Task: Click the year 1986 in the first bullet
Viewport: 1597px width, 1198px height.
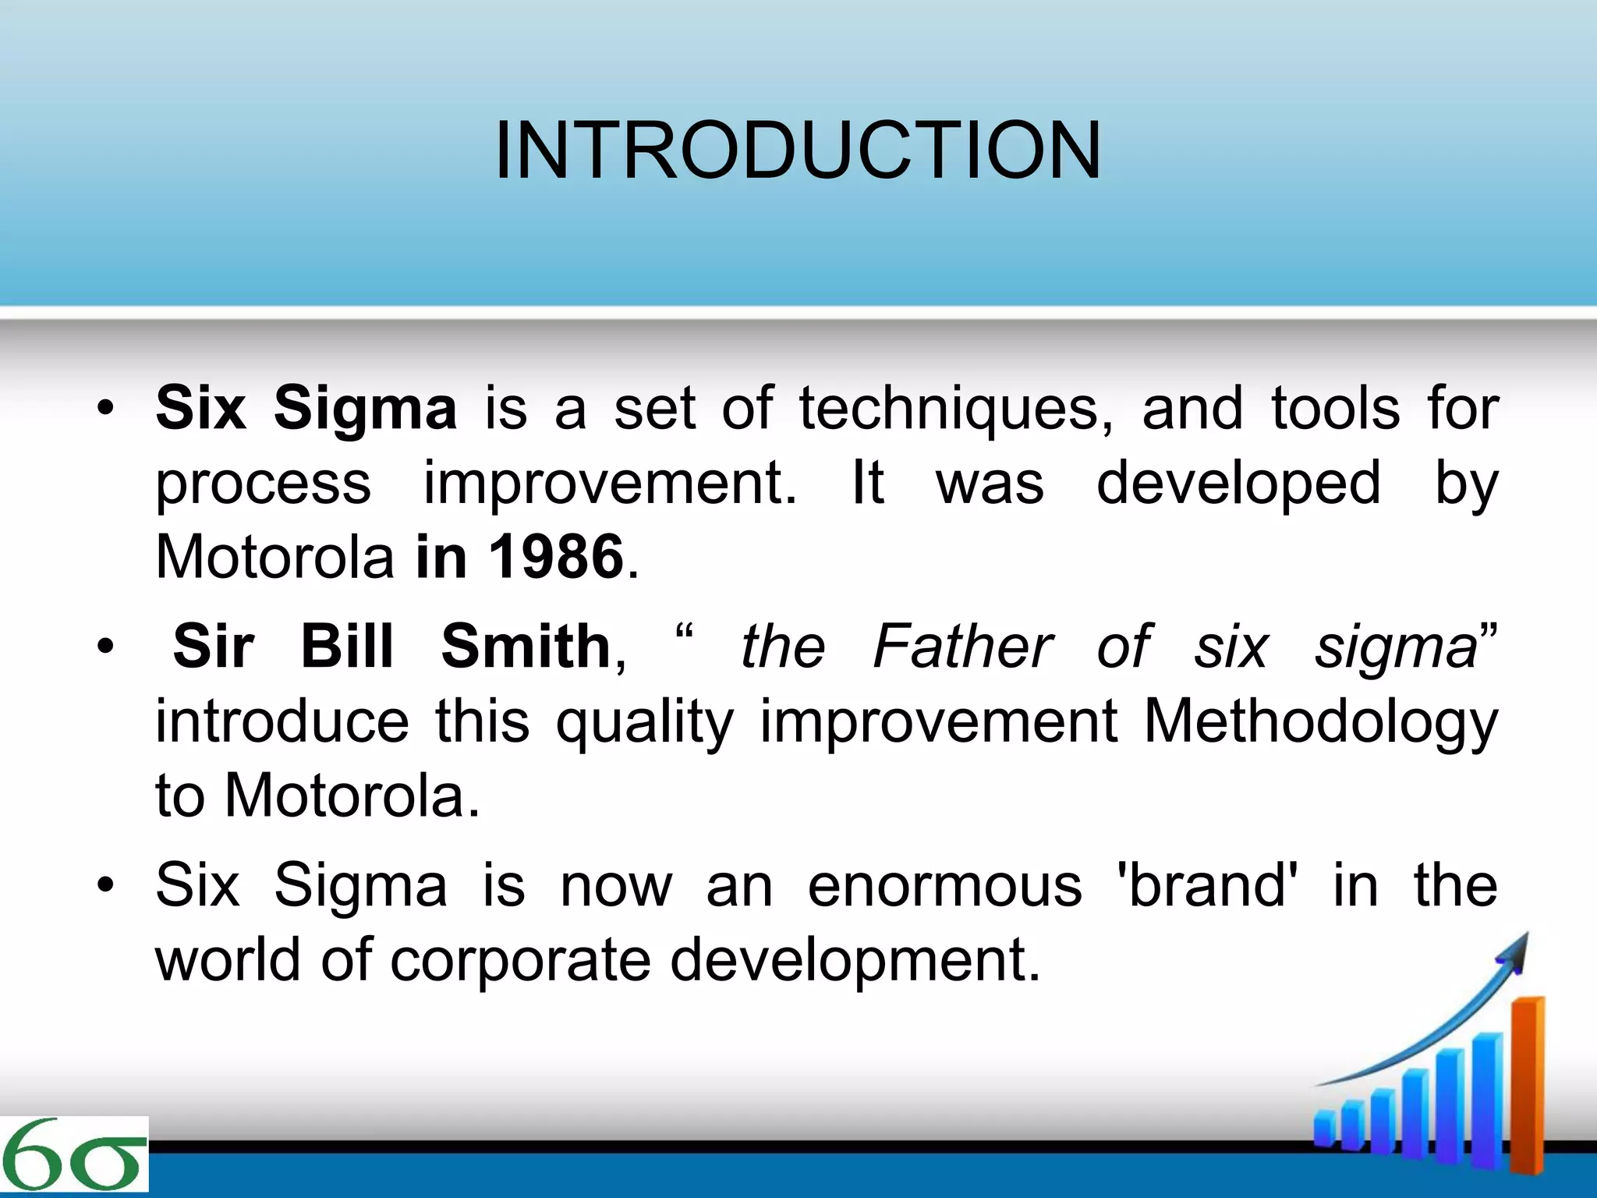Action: [x=555, y=557]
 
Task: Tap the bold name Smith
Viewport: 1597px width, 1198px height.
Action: [x=525, y=647]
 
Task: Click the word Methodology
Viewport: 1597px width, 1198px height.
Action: [x=1319, y=721]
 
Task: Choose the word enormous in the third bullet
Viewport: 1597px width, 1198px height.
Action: [x=944, y=886]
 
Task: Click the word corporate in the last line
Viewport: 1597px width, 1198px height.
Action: [x=520, y=959]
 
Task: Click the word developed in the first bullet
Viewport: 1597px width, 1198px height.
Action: [x=1238, y=484]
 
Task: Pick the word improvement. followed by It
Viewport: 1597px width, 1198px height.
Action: [x=610, y=484]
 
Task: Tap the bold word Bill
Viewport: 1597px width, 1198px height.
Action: [x=347, y=647]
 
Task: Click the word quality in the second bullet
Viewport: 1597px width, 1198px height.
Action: [x=645, y=721]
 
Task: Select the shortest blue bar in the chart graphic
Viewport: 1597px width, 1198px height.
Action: [x=1325, y=1129]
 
